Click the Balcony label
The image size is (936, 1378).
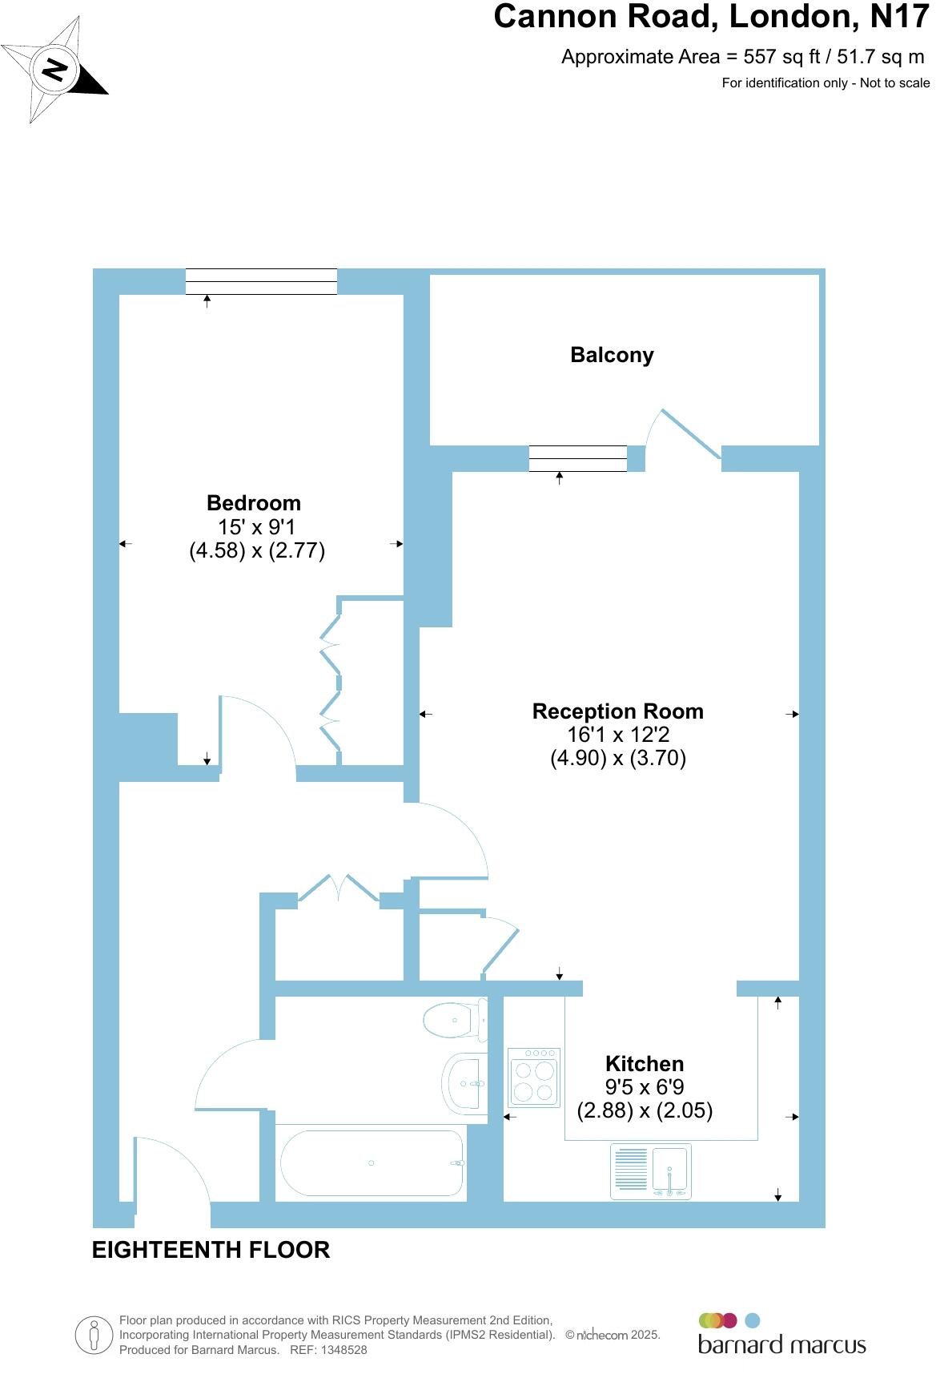coord(612,355)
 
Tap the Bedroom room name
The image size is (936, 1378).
coord(254,503)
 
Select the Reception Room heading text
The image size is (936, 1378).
coord(617,711)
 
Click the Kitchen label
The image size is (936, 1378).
coord(645,1064)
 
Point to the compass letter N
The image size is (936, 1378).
coord(54,70)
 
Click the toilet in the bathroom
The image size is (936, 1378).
coord(453,1020)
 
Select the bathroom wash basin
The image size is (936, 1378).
coord(464,1083)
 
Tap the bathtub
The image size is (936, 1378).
coord(371,1162)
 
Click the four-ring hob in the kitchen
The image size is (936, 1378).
coord(534,1078)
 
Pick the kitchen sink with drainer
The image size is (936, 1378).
coord(650,1171)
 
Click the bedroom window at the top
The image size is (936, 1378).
coord(261,281)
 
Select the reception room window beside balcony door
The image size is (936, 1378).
coord(577,458)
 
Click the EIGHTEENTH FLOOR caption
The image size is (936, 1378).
coord(211,1250)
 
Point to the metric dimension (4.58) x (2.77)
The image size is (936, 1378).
coord(257,551)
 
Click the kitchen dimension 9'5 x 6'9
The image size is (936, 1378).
coord(645,1087)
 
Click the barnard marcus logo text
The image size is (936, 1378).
coord(781,1344)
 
